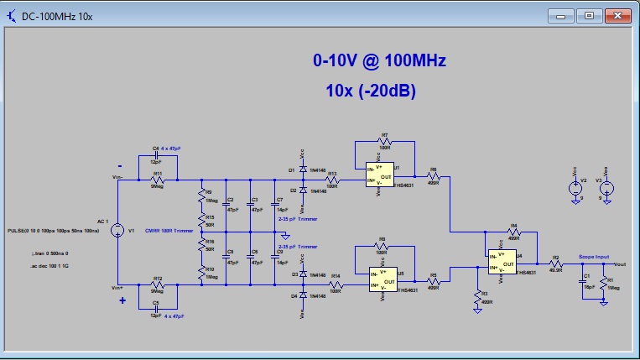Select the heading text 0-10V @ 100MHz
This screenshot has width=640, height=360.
tap(379, 61)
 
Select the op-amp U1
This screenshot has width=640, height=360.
tap(381, 178)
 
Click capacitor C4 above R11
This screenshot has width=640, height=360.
tap(155, 154)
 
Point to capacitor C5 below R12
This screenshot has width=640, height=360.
tap(155, 308)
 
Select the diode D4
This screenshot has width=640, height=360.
tap(302, 295)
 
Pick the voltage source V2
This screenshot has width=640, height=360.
tap(575, 188)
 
